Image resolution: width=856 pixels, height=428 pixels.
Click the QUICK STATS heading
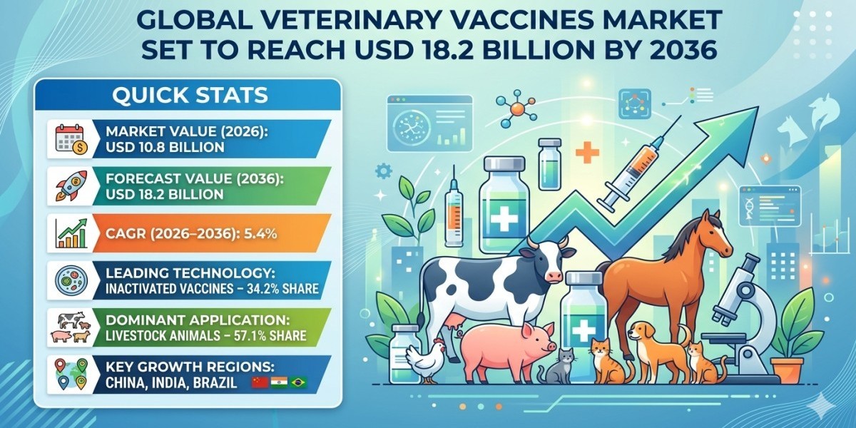189,95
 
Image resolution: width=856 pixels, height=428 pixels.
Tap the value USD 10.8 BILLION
165,148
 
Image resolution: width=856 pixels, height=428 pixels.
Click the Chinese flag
259,383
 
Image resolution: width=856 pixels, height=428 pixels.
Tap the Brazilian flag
298,383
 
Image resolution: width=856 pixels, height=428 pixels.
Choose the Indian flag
279,383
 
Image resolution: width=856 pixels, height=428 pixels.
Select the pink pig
503,346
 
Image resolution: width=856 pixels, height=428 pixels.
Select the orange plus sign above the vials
587,153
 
